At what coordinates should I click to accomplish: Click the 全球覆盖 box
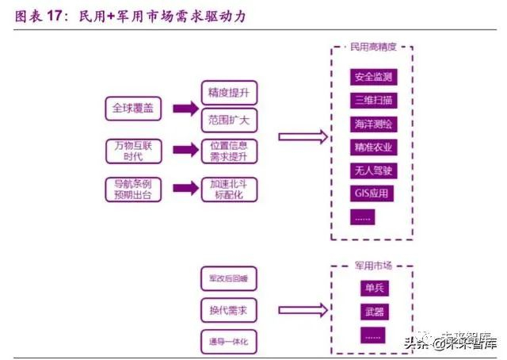coord(133,108)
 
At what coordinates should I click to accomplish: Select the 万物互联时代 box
coord(133,150)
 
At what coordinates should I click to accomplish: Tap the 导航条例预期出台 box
coord(133,189)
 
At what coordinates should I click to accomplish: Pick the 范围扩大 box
coord(228,121)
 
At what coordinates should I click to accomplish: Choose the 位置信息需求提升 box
coord(228,151)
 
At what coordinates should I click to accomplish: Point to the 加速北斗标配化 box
coord(228,189)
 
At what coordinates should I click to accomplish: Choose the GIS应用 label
coord(372,193)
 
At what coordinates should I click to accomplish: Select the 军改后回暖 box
coord(228,278)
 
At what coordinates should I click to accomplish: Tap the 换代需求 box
coord(228,310)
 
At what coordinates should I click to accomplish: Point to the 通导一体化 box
coord(228,342)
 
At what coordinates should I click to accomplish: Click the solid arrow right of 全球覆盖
coord(185,108)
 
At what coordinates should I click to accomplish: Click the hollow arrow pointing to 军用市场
coord(302,310)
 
